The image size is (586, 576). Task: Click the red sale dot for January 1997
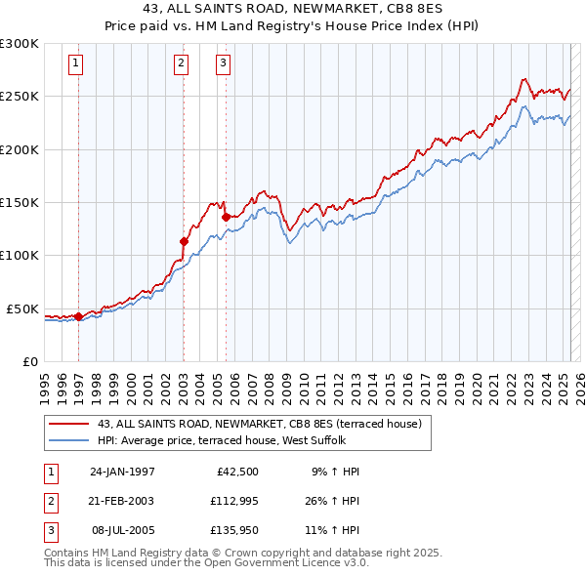[78, 316]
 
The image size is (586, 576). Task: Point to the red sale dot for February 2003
[184, 241]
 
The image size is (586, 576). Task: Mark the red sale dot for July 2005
[226, 217]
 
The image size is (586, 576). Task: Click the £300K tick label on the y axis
[20, 44]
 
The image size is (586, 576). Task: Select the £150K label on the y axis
[20, 202]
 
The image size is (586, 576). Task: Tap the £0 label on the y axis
[28, 361]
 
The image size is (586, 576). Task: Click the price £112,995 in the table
[232, 501]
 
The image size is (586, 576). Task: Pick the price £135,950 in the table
[232, 530]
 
